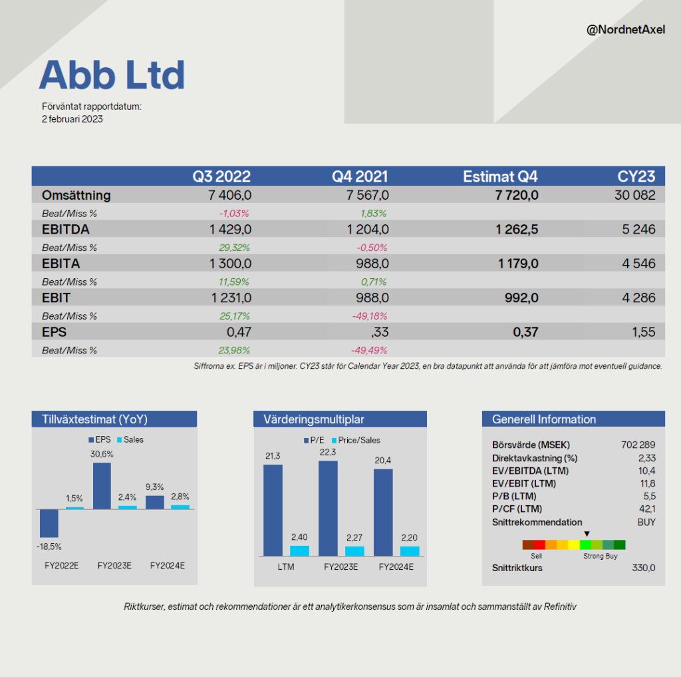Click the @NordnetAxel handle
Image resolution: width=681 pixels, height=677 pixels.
pos(625,29)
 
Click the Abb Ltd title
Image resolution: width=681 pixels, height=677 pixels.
pos(112,75)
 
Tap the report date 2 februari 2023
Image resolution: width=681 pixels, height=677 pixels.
pos(72,119)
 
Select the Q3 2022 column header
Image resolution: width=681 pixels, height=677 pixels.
pos(221,176)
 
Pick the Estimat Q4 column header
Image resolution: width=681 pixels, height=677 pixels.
pos(500,176)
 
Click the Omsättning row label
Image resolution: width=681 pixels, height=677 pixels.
pos(76,195)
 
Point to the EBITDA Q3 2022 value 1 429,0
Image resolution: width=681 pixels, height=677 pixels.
pos(230,229)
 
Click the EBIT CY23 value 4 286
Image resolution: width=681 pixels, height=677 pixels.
pos(638,298)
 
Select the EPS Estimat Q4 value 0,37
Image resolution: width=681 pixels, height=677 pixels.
pos(525,332)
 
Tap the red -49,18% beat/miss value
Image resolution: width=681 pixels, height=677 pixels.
pos(370,316)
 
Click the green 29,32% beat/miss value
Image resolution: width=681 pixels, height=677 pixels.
pos(234,248)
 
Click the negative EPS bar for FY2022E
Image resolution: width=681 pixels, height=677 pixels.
pos(49,523)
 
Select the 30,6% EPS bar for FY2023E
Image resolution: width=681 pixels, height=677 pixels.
pos(102,486)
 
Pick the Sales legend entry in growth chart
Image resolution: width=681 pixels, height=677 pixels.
pos(130,439)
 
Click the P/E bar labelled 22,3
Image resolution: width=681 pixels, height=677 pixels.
pos(328,509)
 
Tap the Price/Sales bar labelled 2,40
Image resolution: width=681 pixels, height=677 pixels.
pos(300,551)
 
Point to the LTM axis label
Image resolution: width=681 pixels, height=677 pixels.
pos(286,567)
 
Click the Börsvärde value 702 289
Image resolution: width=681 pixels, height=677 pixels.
pos(638,445)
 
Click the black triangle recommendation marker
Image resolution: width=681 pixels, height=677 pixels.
pos(587,534)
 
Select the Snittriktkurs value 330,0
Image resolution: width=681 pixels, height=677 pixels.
pos(644,568)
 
